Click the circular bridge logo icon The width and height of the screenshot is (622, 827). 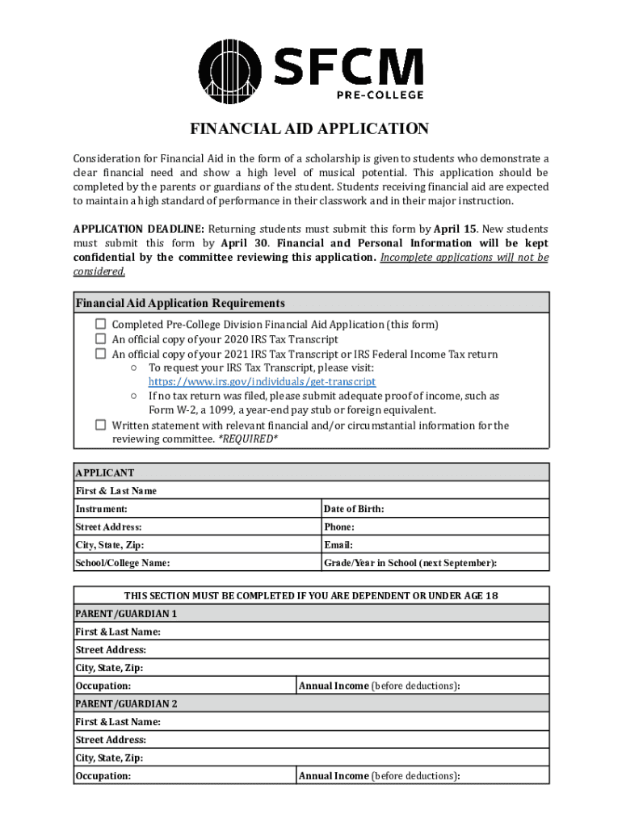click(x=231, y=73)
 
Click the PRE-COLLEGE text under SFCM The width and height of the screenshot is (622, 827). click(x=380, y=95)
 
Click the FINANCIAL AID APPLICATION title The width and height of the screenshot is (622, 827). click(x=309, y=129)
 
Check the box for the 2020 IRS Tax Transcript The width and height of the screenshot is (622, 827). click(x=101, y=339)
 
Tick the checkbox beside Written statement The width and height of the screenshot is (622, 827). click(x=101, y=425)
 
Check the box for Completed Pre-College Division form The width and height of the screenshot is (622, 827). click(x=101, y=324)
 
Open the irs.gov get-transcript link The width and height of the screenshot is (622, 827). click(x=262, y=381)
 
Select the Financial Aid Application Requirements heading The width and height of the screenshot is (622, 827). click(x=180, y=304)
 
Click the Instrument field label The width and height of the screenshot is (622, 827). click(x=101, y=509)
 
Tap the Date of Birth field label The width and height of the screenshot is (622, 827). click(x=353, y=509)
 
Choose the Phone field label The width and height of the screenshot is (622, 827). click(x=338, y=527)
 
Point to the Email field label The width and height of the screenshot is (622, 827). click(x=338, y=545)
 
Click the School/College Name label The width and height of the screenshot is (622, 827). click(x=123, y=563)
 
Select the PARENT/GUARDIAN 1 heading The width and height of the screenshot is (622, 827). click(x=126, y=614)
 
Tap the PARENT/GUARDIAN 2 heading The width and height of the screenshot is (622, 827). click(x=126, y=704)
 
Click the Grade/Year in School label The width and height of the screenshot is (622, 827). click(x=410, y=563)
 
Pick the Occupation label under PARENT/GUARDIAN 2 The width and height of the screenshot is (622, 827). click(x=103, y=776)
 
